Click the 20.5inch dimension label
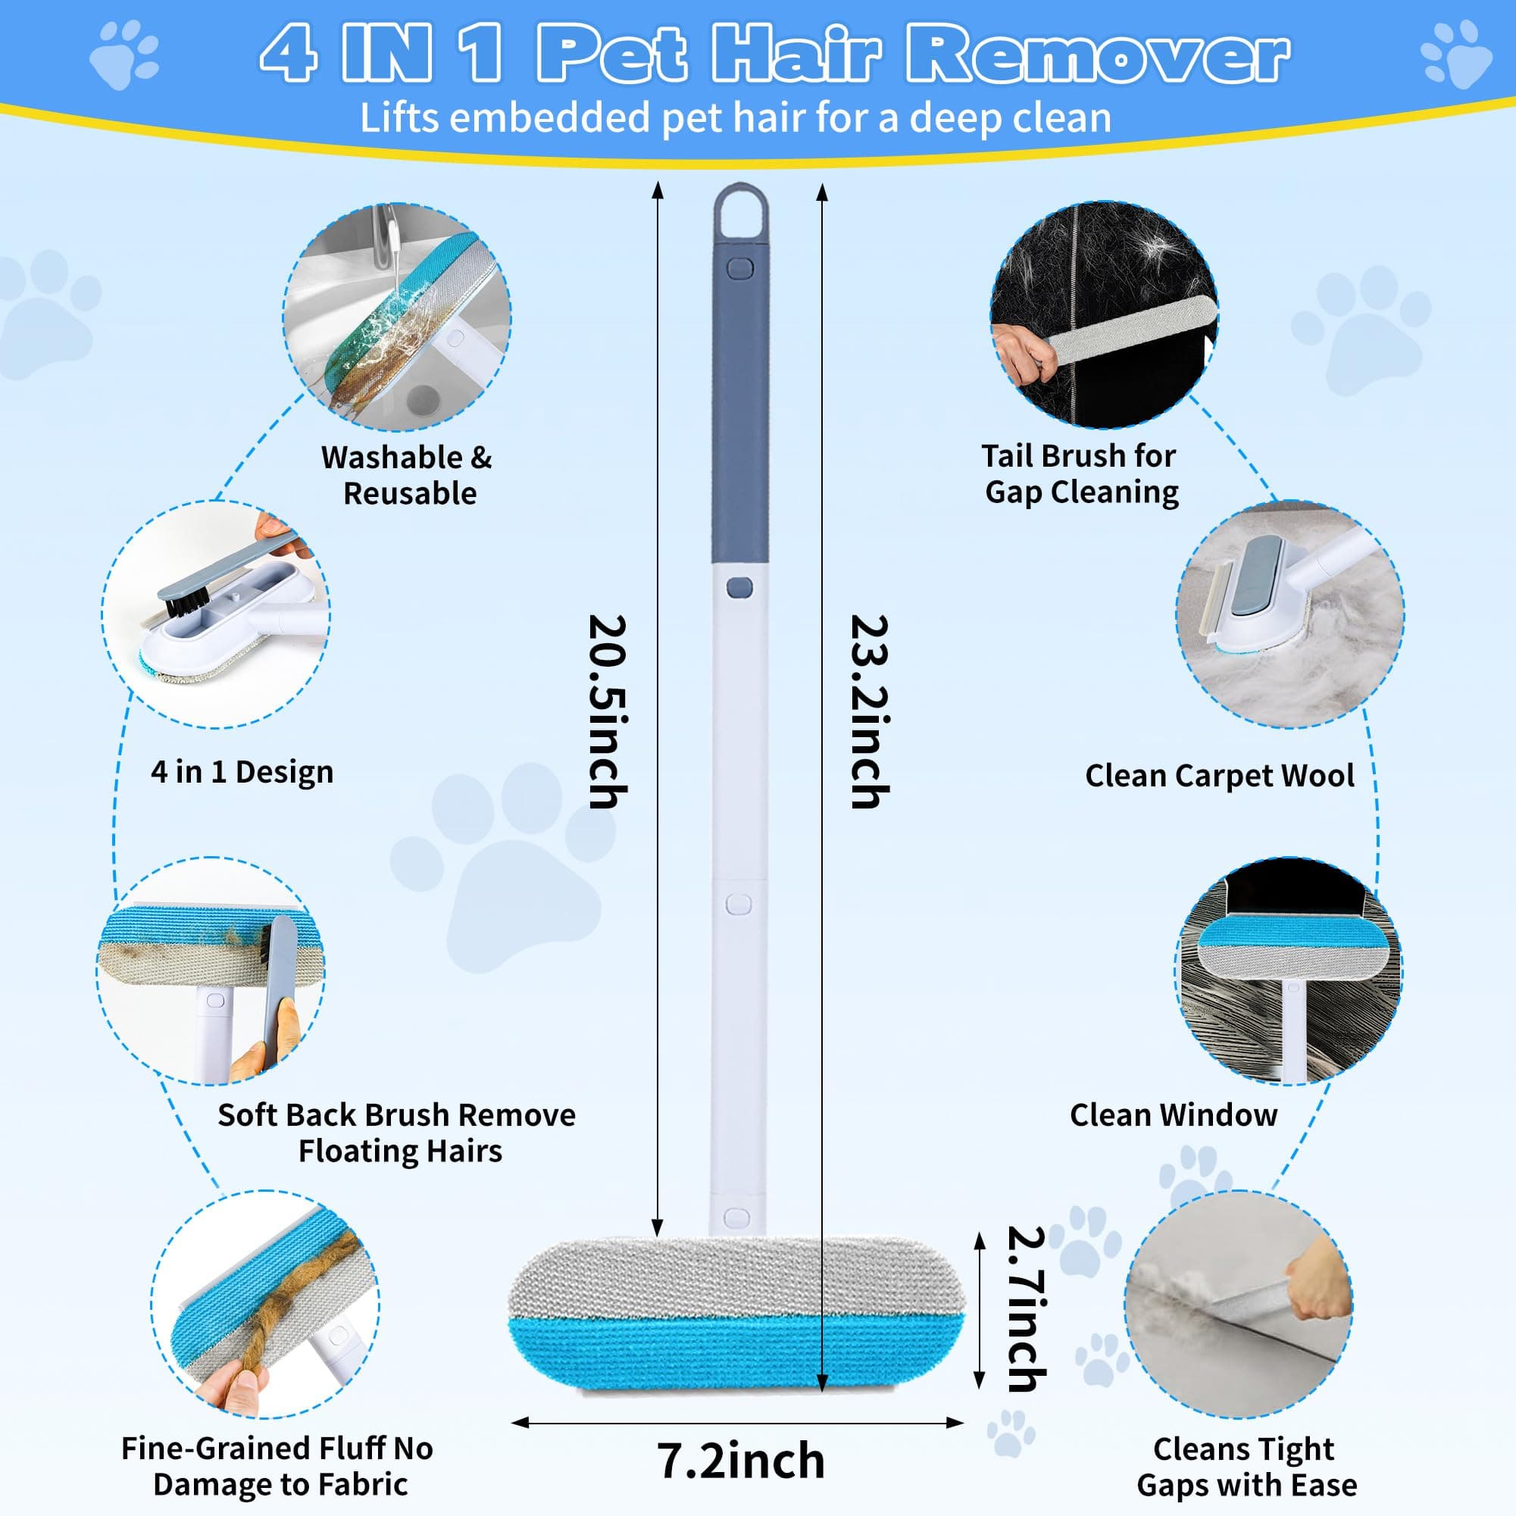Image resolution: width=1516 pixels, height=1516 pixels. (608, 711)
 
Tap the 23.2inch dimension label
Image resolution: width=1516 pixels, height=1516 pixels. (870, 711)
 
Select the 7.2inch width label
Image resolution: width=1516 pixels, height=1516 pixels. (741, 1460)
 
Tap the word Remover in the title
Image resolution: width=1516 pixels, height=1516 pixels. (1097, 53)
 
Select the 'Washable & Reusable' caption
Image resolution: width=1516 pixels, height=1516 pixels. (408, 476)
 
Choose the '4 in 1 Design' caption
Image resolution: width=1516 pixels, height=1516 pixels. (242, 772)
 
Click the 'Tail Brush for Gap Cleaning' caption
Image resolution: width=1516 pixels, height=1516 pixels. (1080, 474)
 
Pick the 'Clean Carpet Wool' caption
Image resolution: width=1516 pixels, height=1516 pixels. (1220, 775)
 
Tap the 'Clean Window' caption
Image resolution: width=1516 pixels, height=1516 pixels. (1173, 1114)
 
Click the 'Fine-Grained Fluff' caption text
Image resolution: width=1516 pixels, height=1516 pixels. (277, 1466)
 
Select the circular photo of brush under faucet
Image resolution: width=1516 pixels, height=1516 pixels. (397, 317)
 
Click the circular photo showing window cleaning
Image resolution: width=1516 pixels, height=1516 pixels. (1289, 971)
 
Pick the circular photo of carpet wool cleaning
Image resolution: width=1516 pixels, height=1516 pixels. (1289, 615)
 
